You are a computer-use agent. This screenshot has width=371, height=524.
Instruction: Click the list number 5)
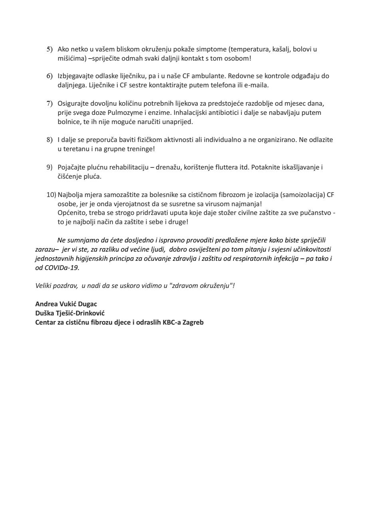click(50, 49)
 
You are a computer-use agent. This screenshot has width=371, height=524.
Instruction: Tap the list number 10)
click(51, 195)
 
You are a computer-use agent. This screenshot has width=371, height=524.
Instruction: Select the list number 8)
click(50, 140)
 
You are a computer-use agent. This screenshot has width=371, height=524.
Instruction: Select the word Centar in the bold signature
click(46, 322)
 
